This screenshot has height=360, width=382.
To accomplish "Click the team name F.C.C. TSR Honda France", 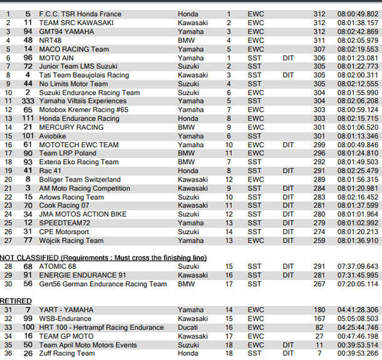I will point(80,14).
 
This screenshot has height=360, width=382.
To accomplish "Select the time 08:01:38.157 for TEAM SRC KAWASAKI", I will point(358,23).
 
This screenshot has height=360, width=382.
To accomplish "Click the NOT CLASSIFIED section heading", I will point(103,258).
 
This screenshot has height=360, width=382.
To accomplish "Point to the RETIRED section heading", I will point(16,301).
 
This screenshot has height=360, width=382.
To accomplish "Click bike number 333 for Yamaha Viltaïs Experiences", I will point(28,101).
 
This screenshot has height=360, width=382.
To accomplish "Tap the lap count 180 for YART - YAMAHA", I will point(319,310).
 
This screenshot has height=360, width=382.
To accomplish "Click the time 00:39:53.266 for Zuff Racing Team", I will point(358,353).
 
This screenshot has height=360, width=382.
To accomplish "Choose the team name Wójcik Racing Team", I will point(71,240).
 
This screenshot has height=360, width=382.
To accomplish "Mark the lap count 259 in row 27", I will point(319,240).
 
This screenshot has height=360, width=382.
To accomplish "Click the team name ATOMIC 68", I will point(58,267).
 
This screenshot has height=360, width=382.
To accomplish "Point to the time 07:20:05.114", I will point(358,284).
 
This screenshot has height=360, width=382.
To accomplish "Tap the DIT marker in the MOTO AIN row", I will point(288,58).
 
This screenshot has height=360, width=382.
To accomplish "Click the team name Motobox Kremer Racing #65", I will point(83,110).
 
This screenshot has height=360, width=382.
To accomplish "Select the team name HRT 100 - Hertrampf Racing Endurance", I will point(101,327).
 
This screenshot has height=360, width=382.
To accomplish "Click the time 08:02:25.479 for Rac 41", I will point(358,170).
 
